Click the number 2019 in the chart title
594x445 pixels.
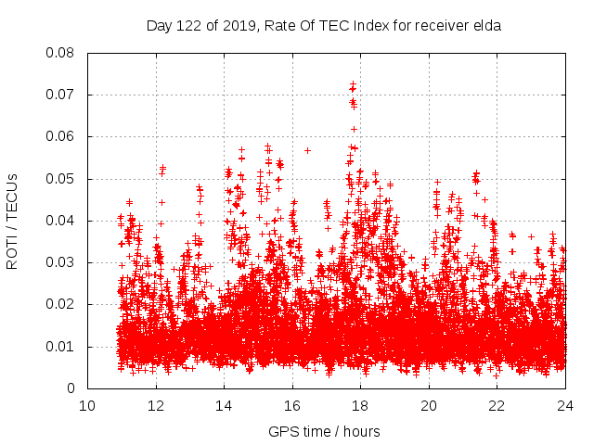click(238, 26)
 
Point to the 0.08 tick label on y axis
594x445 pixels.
click(62, 53)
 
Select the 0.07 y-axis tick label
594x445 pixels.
click(62, 95)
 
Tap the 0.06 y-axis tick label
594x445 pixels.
click(62, 136)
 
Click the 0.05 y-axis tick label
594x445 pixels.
click(62, 179)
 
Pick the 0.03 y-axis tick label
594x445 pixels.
click(62, 262)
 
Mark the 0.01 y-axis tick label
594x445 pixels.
click(62, 347)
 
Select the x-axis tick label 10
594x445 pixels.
click(87, 406)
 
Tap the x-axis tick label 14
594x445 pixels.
click(224, 406)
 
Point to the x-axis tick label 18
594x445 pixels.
click(360, 406)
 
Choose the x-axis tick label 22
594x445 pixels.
click(497, 406)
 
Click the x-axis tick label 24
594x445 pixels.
click(565, 406)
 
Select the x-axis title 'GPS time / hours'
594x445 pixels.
click(324, 431)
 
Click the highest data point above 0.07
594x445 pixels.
click(353, 84)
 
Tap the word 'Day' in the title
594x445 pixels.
click(160, 26)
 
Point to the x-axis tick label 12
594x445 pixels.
click(156, 406)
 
